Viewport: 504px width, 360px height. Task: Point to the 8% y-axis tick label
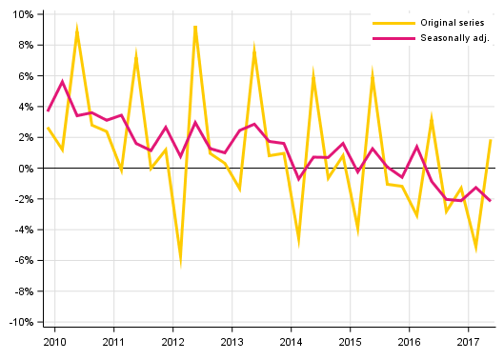click(24, 45)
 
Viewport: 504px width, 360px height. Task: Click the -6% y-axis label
click(22, 261)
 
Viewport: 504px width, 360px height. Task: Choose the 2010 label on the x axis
click(54, 341)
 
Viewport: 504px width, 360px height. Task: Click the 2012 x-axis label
click(172, 341)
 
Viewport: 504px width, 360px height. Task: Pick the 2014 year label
click(291, 341)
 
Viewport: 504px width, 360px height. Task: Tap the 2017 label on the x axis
click(468, 341)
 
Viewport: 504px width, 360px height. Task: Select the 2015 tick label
click(350, 341)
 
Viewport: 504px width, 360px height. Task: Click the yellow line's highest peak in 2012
click(194, 26)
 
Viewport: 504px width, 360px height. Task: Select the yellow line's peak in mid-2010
click(77, 29)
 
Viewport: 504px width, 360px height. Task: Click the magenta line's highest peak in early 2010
click(62, 82)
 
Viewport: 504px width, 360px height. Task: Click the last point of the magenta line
click(490, 201)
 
